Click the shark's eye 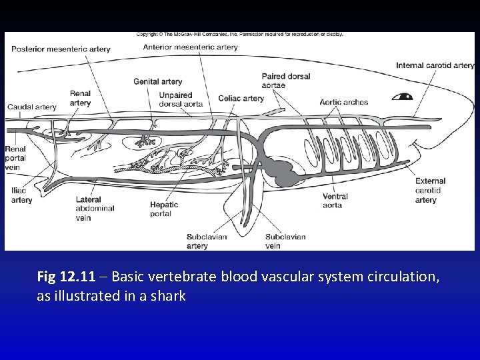pyautogui.click(x=403, y=96)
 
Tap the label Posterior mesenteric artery pyautogui.click(x=61, y=49)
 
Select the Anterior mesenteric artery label pyautogui.click(x=191, y=47)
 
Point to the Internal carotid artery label pyautogui.click(x=435, y=65)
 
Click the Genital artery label pyautogui.click(x=157, y=81)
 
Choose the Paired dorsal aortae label pyautogui.click(x=285, y=81)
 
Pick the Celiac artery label pyautogui.click(x=241, y=98)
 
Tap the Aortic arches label pyautogui.click(x=343, y=102)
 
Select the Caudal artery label pyautogui.click(x=31, y=107)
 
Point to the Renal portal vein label pyautogui.click(x=15, y=159)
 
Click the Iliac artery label pyautogui.click(x=21, y=195)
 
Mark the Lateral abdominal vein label pyautogui.click(x=95, y=208)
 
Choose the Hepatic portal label pyautogui.click(x=164, y=209)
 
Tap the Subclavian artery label pyautogui.click(x=206, y=241)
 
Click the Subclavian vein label pyautogui.click(x=285, y=241)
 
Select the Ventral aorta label pyautogui.click(x=335, y=201)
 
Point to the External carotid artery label pyautogui.click(x=430, y=190)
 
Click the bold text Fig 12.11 pyautogui.click(x=66, y=277)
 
